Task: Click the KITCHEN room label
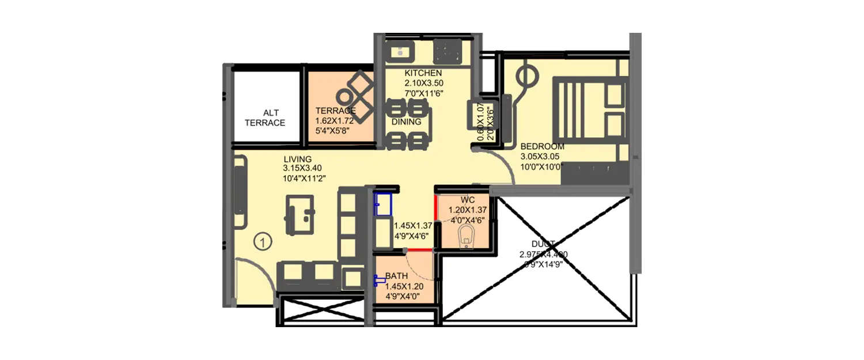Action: tap(423, 73)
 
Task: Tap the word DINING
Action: tap(406, 122)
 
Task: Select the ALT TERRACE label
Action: tap(265, 118)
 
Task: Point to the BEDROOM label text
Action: tap(542, 147)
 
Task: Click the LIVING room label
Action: tap(297, 159)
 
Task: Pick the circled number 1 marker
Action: tap(262, 242)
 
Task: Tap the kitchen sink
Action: tap(399, 52)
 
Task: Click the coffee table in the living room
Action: tap(300, 215)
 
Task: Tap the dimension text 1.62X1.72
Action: tap(336, 121)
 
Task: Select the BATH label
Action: tap(397, 276)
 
